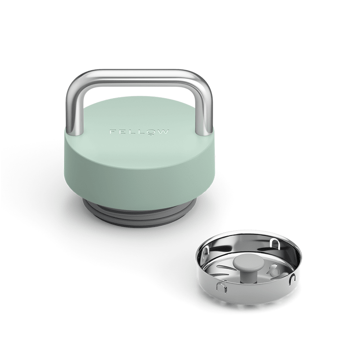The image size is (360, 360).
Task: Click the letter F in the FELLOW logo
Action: (112, 132)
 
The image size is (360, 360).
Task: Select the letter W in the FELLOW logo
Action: (163, 132)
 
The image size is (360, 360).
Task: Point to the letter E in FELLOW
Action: (121, 132)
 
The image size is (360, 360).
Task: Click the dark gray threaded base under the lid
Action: (140, 215)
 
